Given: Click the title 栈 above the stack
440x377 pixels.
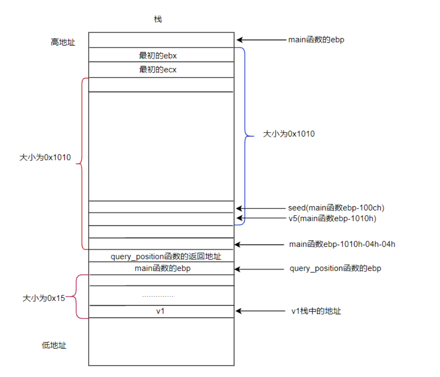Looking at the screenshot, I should (x=158, y=19).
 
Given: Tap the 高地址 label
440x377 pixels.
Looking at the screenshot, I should (x=63, y=42).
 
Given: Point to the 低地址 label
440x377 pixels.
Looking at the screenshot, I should (x=54, y=345).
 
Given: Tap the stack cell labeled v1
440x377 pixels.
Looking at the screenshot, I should (x=161, y=311).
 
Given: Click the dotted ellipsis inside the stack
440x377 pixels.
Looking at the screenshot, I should (x=158, y=296).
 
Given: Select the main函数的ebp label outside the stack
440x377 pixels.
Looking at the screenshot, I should (x=316, y=40).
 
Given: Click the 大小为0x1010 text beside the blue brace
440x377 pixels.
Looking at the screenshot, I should (x=289, y=134).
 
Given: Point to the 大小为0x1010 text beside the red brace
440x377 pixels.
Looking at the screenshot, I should (x=45, y=157).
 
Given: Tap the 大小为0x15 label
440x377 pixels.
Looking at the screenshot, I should (x=44, y=298).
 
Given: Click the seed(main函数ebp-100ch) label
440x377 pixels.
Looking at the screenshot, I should (x=336, y=208).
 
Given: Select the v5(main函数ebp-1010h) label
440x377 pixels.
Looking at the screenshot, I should (x=332, y=219).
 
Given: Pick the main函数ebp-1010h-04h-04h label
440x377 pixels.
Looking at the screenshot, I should (x=342, y=244).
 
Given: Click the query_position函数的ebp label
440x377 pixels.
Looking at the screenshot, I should (x=335, y=268).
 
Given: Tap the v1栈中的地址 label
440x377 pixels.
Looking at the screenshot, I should (x=316, y=311).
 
